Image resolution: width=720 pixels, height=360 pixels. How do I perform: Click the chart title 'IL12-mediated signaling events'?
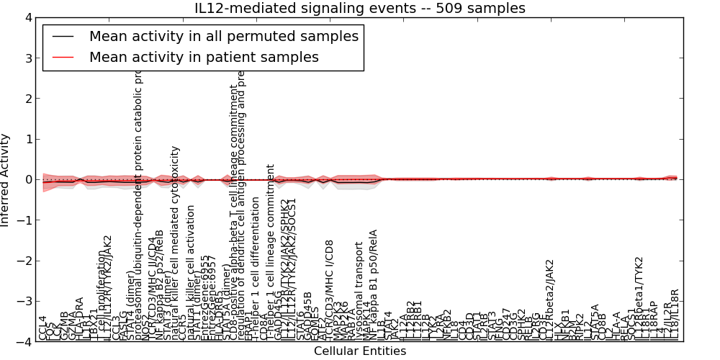point(360,8)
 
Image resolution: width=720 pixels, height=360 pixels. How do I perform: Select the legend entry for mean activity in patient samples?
point(204,56)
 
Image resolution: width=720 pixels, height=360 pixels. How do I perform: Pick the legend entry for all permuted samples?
point(223,36)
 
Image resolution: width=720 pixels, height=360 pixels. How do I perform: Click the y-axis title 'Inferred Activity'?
point(6,180)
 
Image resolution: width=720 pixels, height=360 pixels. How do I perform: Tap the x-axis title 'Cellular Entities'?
point(360,351)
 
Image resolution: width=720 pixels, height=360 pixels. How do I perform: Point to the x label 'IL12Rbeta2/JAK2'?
point(550,299)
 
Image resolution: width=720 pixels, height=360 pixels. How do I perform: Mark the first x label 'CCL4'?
point(42,328)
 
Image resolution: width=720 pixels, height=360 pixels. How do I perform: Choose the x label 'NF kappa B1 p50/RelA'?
point(374,284)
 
